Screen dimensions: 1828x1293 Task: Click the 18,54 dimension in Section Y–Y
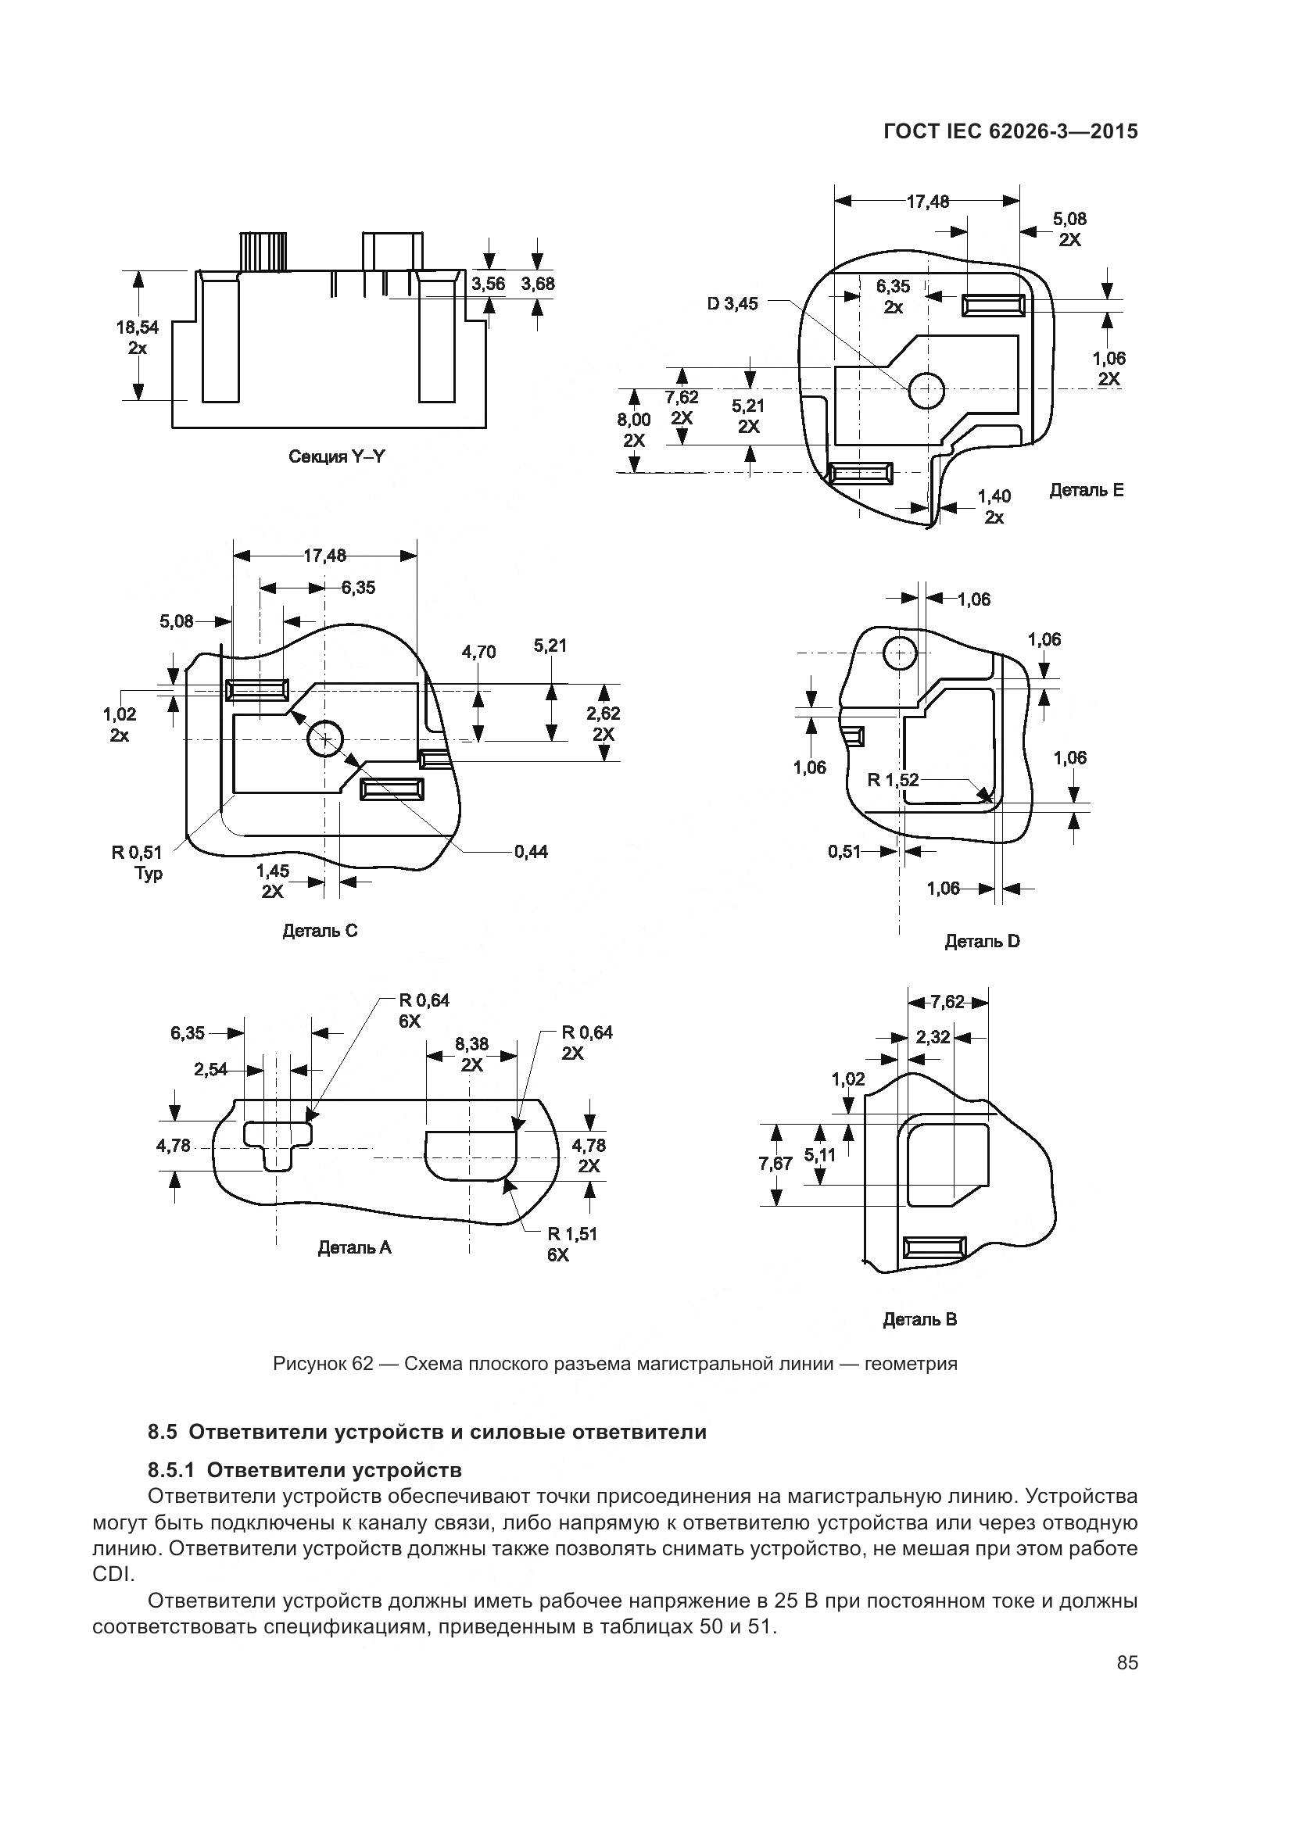(x=137, y=327)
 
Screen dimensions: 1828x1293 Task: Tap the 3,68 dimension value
(x=538, y=284)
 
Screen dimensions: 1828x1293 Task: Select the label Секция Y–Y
(x=337, y=457)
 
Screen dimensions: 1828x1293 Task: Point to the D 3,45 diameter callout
(x=733, y=303)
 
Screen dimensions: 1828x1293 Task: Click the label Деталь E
(x=1086, y=491)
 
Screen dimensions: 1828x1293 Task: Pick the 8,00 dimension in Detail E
(x=634, y=420)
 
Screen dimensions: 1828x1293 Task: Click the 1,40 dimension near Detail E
(x=994, y=497)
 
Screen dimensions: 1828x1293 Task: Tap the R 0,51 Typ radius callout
(x=136, y=853)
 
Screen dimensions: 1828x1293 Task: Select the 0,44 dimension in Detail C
(x=531, y=852)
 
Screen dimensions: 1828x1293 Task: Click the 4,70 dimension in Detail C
(x=478, y=652)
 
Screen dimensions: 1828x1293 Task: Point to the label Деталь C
(x=320, y=931)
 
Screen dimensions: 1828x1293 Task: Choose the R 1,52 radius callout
(x=893, y=780)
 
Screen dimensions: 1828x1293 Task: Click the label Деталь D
(x=982, y=942)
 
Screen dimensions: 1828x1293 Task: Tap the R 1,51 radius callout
(x=571, y=1234)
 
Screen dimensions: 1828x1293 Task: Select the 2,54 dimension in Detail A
(x=210, y=1070)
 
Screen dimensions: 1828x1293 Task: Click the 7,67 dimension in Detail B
(x=775, y=1164)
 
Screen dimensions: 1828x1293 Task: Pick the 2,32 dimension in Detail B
(x=933, y=1036)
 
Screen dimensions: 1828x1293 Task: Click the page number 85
(x=1127, y=1679)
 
